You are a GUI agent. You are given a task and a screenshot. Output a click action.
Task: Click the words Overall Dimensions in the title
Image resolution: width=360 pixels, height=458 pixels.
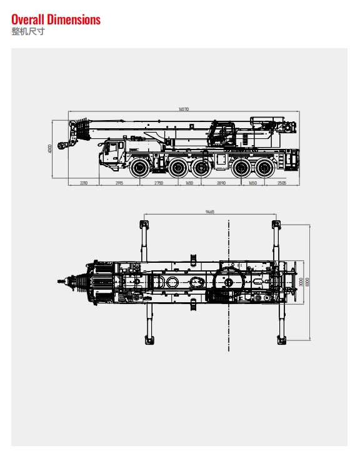click(56, 19)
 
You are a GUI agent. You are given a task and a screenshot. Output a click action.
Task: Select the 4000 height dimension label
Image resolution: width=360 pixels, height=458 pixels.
click(50, 148)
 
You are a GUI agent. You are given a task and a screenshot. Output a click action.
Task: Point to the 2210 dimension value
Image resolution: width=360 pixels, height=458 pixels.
click(83, 183)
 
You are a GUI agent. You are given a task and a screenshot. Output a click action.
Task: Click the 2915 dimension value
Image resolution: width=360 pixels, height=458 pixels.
click(119, 183)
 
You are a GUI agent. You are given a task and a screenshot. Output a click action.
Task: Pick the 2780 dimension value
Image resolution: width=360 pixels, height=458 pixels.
click(159, 183)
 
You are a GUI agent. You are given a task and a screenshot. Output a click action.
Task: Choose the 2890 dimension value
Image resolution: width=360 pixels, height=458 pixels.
click(221, 183)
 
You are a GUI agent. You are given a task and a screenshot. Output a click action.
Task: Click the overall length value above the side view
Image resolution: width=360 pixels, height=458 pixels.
click(183, 109)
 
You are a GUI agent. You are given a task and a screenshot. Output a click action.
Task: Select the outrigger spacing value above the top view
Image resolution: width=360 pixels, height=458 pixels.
click(209, 212)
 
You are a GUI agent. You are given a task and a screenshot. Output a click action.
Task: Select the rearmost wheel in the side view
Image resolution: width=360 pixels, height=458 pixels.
click(264, 167)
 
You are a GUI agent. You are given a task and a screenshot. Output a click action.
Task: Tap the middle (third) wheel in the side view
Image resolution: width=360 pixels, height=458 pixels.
click(201, 167)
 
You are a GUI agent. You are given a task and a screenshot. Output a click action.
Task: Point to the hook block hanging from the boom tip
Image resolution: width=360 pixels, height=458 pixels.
click(61, 146)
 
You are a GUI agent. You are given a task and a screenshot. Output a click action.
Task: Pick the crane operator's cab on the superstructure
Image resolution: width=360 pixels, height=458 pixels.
click(221, 133)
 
